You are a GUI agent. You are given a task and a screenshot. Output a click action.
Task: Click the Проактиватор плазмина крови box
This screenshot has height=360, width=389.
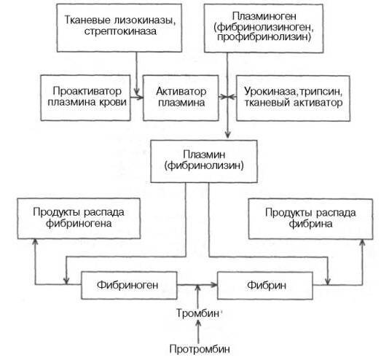[x=84, y=96]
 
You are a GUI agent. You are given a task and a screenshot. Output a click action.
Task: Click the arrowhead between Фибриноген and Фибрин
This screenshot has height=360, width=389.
[x=213, y=281]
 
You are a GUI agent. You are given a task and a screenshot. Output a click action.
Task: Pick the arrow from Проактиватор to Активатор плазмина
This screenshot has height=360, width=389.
[x=136, y=96]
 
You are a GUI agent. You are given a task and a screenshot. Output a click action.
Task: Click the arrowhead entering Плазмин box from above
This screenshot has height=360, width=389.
[x=228, y=136]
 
